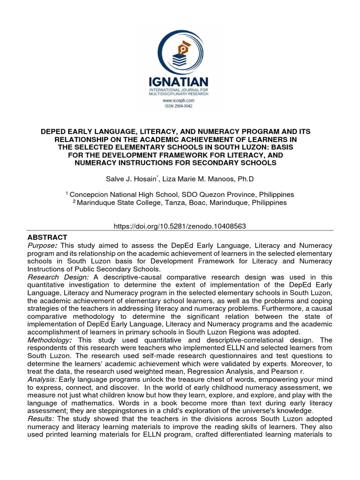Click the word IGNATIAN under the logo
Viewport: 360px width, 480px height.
(180, 82)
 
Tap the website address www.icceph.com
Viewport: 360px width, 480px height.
(180, 100)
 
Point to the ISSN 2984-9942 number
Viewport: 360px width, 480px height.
(180, 106)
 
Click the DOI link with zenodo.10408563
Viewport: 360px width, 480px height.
(180, 226)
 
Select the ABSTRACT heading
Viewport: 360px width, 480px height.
(48, 237)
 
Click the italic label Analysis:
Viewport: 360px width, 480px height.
(44, 379)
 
